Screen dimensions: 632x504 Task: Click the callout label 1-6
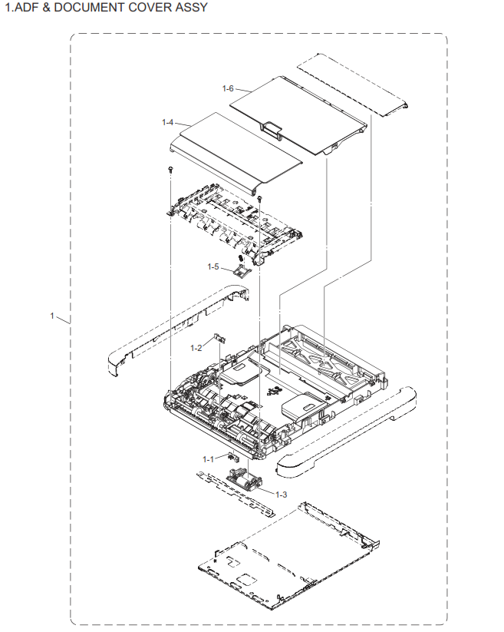coord(228,89)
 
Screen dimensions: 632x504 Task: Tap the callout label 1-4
coord(168,122)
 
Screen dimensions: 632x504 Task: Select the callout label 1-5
coord(212,266)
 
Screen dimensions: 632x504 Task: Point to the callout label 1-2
coord(196,348)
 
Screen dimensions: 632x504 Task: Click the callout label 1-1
coord(209,459)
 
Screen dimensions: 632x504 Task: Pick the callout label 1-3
coord(281,494)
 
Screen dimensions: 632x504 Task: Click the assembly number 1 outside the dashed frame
coord(52,316)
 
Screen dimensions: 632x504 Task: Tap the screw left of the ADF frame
coord(170,168)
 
